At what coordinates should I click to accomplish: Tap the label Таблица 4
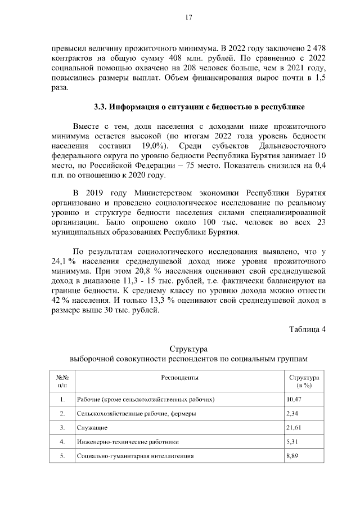[x=307, y=329]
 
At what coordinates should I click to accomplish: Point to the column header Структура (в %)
[x=304, y=382]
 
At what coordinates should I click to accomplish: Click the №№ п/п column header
[x=62, y=382]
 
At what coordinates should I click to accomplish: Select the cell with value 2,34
[x=292, y=414]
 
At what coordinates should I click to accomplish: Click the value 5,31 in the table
[x=292, y=442]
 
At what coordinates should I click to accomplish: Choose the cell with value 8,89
[x=292, y=455]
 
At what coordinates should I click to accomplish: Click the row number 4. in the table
[x=62, y=442]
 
